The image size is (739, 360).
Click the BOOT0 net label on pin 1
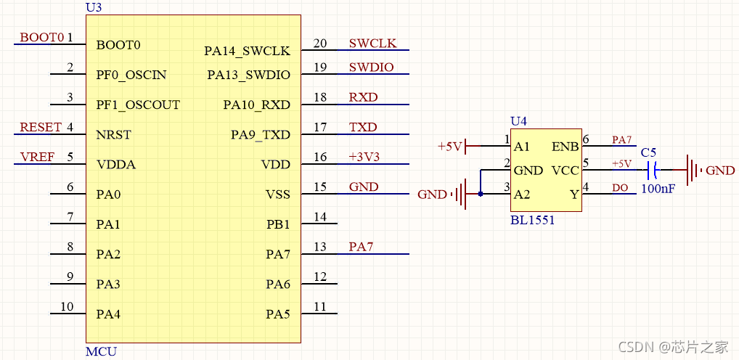click(x=42, y=38)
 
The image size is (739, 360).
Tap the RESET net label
click(x=41, y=127)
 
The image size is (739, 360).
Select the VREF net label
click(x=37, y=157)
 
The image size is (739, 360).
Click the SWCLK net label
click(x=373, y=44)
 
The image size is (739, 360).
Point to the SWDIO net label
click(x=372, y=67)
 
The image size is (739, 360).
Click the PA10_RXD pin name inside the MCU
click(x=257, y=105)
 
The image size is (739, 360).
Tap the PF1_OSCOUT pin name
click(x=138, y=105)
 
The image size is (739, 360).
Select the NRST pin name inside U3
click(x=113, y=135)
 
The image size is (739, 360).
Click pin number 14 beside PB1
click(x=320, y=217)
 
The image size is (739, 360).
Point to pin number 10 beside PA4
click(x=67, y=307)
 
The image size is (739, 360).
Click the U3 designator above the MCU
click(x=94, y=7)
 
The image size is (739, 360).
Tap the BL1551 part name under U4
click(x=533, y=220)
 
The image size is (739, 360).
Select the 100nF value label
click(x=658, y=189)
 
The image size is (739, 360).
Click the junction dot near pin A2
click(x=481, y=194)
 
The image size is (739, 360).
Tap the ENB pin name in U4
click(x=565, y=147)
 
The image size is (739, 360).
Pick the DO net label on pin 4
click(x=620, y=187)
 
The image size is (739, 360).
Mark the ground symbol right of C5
click(x=710, y=170)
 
